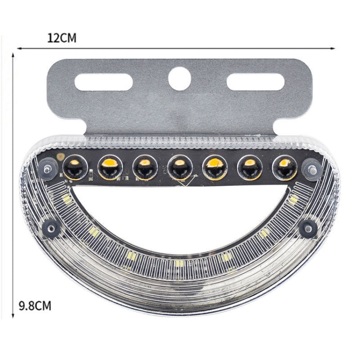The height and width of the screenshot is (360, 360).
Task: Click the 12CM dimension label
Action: [x=62, y=38]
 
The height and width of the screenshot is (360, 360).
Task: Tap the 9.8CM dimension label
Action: [x=34, y=305]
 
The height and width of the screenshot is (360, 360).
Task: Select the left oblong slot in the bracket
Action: [x=104, y=82]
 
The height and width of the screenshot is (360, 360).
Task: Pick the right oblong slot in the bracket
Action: [x=255, y=82]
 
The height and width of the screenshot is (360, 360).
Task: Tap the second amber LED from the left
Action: [x=110, y=168]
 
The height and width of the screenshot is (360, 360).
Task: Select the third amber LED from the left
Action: [x=144, y=168]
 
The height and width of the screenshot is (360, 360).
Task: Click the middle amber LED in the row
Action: [x=180, y=168]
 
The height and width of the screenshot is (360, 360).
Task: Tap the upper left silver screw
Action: [x=47, y=168]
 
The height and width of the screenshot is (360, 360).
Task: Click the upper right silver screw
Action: [x=312, y=168]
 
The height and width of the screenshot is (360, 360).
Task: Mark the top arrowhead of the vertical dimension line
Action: [x=13, y=56]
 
